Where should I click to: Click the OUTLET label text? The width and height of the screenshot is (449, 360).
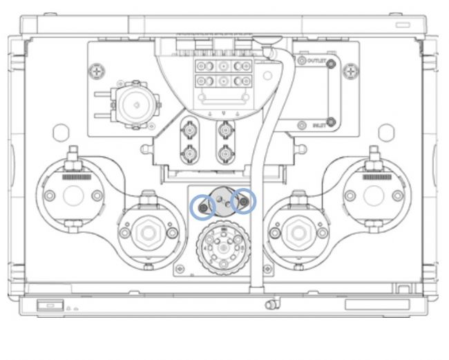317,61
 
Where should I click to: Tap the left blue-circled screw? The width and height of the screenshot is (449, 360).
202,205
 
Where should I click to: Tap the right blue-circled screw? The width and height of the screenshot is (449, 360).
243,202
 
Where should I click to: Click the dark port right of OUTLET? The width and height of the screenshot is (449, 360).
332,64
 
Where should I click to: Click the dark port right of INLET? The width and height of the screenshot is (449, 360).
332,123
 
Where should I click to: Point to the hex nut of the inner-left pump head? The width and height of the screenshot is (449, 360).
146,233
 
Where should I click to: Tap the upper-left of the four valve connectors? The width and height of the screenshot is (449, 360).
187,129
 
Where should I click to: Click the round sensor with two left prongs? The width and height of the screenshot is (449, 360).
136,105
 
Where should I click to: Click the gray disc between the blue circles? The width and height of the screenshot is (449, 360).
222,202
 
